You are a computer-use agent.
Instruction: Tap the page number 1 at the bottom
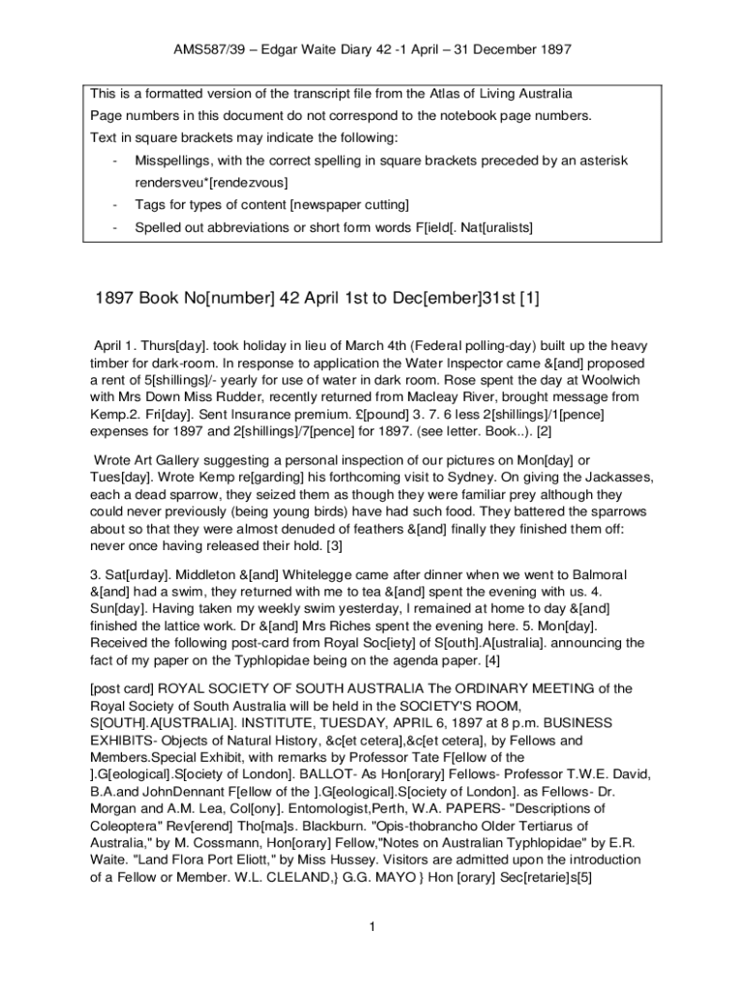[x=372, y=928]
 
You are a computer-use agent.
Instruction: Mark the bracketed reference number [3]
[x=332, y=546]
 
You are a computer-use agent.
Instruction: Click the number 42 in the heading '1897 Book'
[x=293, y=299]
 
